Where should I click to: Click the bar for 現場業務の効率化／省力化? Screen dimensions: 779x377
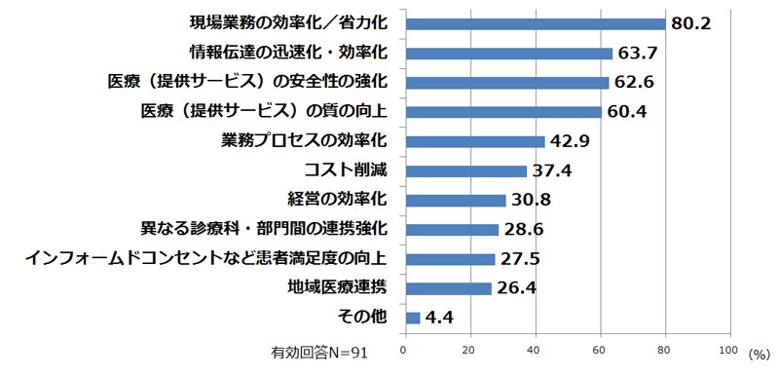pos(536,23)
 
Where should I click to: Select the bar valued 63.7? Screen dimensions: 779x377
pos(509,54)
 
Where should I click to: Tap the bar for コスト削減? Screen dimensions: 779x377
pos(466,171)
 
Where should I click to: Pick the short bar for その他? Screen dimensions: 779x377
pos(413,318)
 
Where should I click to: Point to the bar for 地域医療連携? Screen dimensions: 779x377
pos(449,288)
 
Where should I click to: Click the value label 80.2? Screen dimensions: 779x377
pos(691,23)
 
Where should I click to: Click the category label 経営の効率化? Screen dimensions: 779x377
pos(337,200)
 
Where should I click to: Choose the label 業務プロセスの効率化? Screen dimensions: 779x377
pos(304,141)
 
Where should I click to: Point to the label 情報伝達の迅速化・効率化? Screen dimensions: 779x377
pos(288,53)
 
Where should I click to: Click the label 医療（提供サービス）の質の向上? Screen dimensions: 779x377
pos(264,111)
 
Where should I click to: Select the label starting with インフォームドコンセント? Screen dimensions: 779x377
pos(205,259)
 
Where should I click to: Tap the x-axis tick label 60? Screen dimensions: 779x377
pos(601,350)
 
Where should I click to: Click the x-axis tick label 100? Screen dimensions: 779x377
pos(728,350)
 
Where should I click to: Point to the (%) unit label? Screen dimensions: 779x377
pos(759,354)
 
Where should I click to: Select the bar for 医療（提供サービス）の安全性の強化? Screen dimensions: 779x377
pos(507,83)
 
